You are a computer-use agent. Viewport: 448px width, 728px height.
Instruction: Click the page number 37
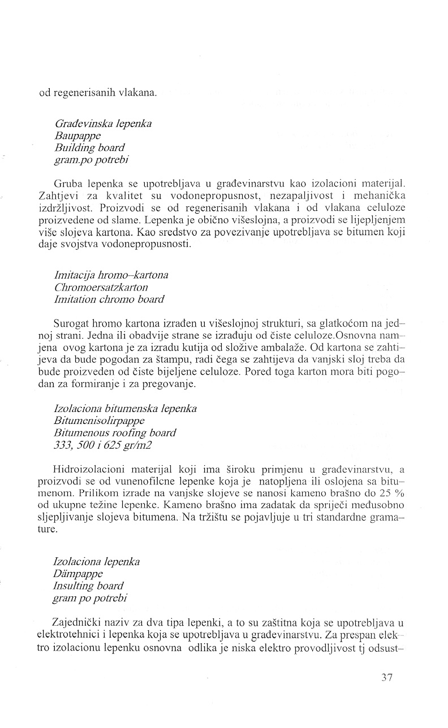pyautogui.click(x=387, y=678)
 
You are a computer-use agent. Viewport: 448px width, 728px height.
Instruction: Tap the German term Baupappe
pyautogui.click(x=79, y=136)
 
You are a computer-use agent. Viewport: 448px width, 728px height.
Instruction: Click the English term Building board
pyautogui.click(x=89, y=148)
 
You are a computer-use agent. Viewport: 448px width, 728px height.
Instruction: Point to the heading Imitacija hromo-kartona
pyautogui.click(x=111, y=275)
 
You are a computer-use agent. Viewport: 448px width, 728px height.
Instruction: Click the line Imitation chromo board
pyautogui.click(x=109, y=299)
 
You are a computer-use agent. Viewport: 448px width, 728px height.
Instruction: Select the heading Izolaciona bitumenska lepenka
pyautogui.click(x=125, y=409)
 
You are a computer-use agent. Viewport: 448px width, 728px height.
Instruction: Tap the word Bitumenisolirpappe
pyautogui.click(x=99, y=421)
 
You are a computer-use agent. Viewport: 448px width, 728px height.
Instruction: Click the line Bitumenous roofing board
pyautogui.click(x=115, y=432)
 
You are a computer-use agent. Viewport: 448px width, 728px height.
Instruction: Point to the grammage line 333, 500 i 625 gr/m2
pyautogui.click(x=102, y=444)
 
